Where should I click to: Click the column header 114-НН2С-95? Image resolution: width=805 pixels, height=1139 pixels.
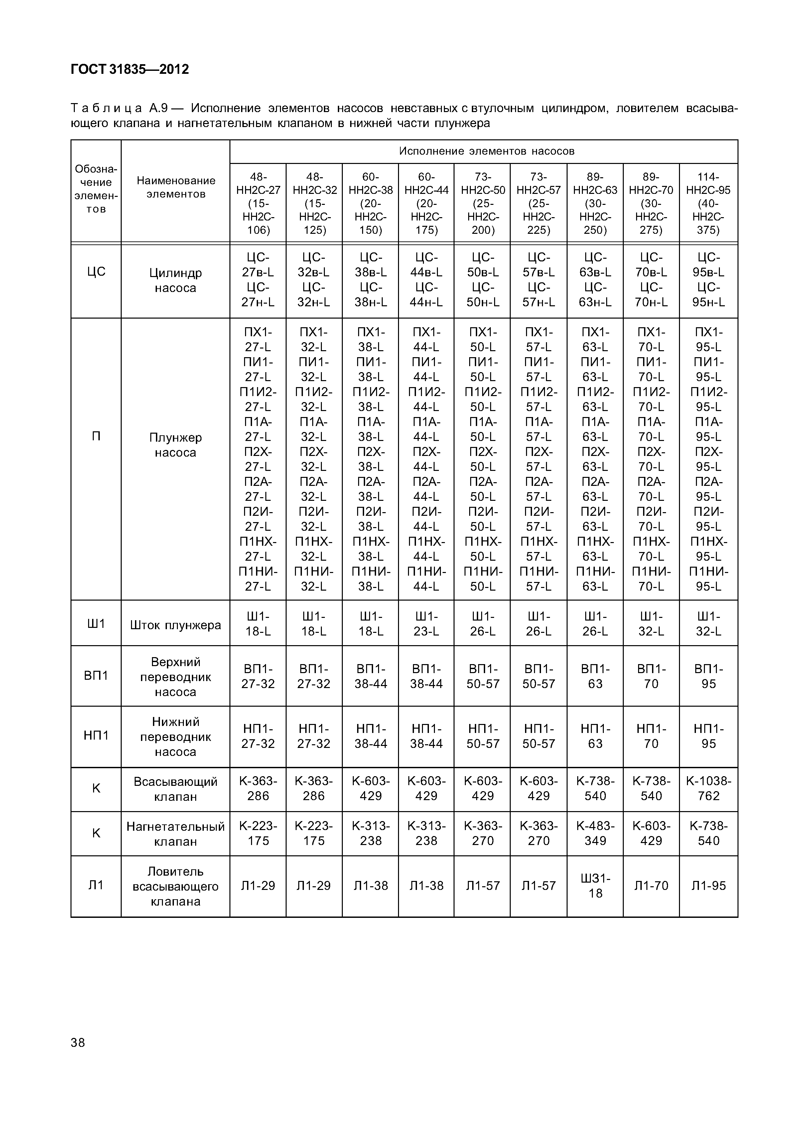tap(708, 204)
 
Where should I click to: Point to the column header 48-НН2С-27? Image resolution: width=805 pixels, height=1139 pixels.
tap(258, 204)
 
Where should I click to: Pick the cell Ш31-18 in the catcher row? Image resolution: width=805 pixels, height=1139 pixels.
tap(595, 886)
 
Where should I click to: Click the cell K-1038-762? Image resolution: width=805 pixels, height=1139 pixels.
tap(708, 788)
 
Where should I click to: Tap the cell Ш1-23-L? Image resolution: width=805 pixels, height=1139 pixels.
tap(426, 624)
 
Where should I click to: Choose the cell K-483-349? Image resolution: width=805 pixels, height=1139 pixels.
tap(595, 833)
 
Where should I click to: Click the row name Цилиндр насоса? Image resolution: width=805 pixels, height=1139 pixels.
tap(176, 280)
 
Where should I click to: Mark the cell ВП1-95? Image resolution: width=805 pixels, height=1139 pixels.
tap(708, 676)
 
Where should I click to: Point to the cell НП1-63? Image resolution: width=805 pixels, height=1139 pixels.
tap(595, 736)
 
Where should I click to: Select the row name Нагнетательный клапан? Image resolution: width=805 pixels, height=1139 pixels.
tap(176, 833)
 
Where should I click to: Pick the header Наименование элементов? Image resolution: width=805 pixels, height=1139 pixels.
tap(176, 187)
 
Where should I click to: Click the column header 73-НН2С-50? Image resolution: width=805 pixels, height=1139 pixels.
tap(482, 204)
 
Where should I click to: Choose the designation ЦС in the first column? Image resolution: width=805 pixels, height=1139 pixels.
tap(96, 272)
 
